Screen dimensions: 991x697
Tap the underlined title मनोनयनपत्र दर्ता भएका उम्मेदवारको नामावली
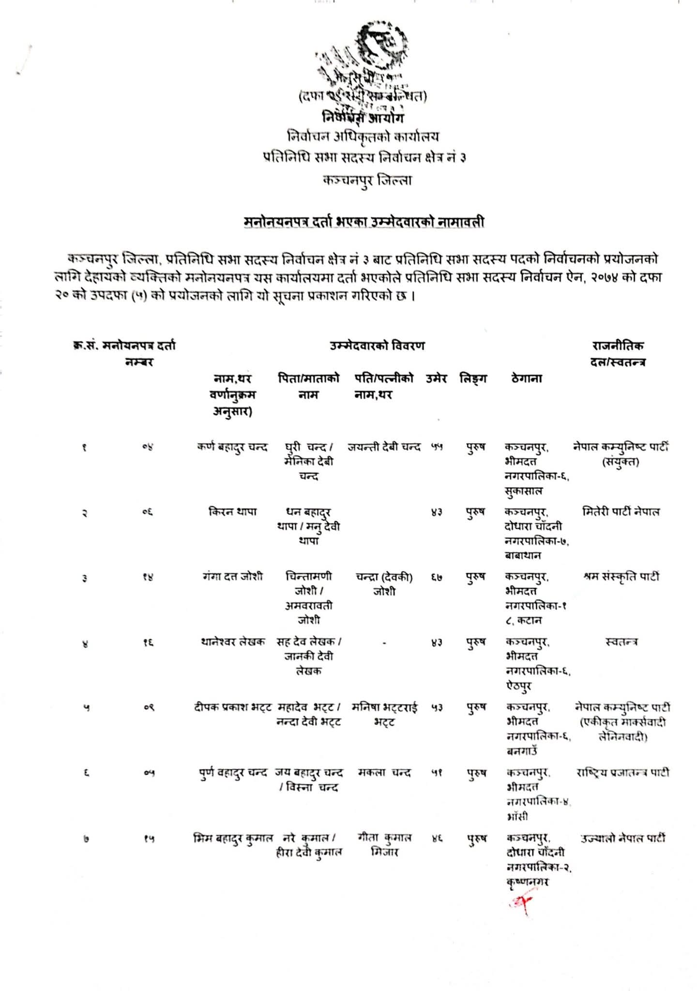pyautogui.click(x=364, y=223)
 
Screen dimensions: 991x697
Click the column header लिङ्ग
pyautogui.click(x=473, y=378)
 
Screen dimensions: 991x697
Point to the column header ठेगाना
pyautogui.click(x=526, y=378)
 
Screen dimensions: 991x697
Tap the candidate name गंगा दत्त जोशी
pyautogui.click(x=233, y=576)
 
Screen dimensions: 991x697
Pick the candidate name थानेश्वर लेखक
pyautogui.click(x=233, y=642)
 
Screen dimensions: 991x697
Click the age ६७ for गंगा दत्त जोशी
pyautogui.click(x=437, y=577)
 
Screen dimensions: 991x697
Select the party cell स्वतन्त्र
pyautogui.click(x=621, y=642)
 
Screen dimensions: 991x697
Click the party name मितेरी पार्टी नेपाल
pyautogui.click(x=621, y=511)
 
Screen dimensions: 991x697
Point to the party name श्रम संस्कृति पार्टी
pyautogui.click(x=621, y=576)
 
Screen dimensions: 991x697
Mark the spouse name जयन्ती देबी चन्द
pyautogui.click(x=384, y=447)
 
